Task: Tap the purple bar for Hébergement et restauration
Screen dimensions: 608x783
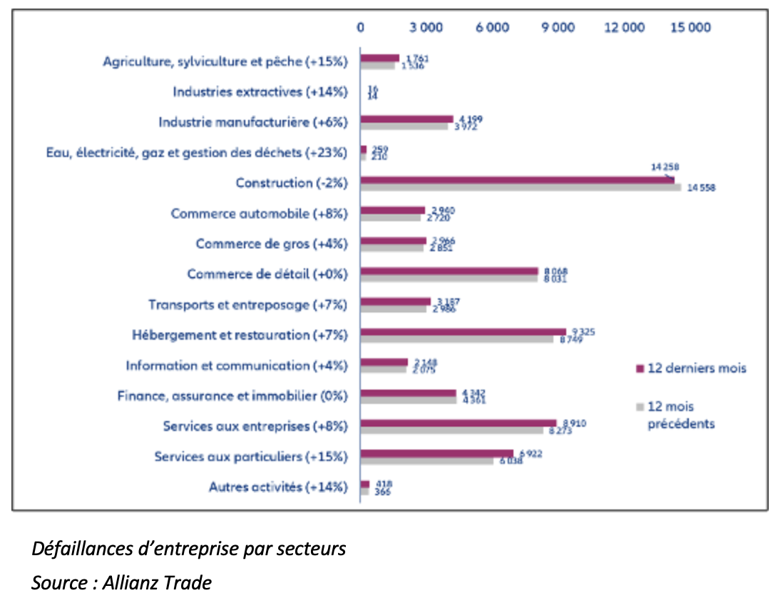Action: (x=463, y=332)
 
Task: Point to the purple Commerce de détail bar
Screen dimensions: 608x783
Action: (x=449, y=270)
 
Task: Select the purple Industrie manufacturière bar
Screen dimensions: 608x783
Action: (x=406, y=119)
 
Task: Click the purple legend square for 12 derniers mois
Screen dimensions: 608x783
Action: (x=640, y=368)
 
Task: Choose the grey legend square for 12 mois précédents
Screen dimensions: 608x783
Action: (x=640, y=407)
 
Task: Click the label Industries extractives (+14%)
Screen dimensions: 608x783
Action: (x=260, y=92)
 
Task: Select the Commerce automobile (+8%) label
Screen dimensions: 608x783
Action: (x=258, y=213)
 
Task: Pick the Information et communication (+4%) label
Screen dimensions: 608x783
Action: (x=236, y=365)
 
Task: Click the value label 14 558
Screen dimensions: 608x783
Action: (x=701, y=188)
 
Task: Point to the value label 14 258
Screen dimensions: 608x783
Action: (x=665, y=167)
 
